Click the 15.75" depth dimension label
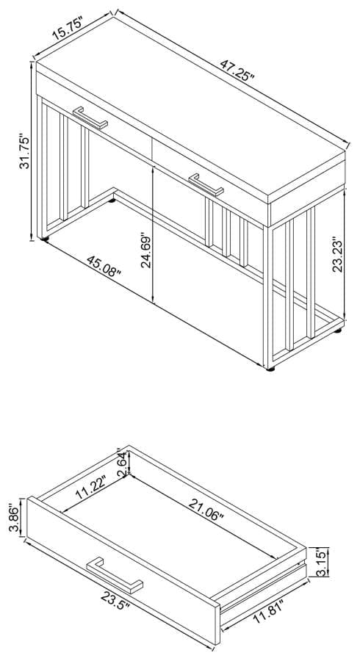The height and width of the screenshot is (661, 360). [x=69, y=28]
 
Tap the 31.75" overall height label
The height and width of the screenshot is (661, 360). [x=25, y=152]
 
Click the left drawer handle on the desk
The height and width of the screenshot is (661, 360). [x=90, y=118]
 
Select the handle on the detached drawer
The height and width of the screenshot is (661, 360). [x=115, y=575]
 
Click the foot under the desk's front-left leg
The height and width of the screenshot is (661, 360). [x=45, y=239]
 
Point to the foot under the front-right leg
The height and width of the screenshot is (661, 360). [x=270, y=369]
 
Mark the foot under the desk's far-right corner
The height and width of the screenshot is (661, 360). [x=338, y=330]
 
